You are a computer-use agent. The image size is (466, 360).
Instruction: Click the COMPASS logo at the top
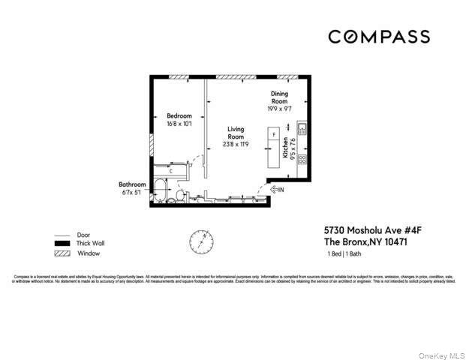(x=378, y=37)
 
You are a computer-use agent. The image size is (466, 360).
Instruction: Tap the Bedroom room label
(x=179, y=116)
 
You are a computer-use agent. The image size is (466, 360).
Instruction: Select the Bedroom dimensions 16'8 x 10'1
(x=179, y=124)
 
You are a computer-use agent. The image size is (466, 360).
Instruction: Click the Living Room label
(x=236, y=133)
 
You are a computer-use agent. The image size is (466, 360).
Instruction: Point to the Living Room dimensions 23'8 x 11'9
(x=236, y=145)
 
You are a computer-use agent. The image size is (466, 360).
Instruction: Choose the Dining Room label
(x=279, y=97)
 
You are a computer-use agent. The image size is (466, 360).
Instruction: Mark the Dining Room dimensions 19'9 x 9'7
(x=279, y=109)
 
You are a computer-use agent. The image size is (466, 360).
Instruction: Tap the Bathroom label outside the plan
(x=132, y=184)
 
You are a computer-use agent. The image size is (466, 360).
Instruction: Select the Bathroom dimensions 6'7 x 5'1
(x=132, y=192)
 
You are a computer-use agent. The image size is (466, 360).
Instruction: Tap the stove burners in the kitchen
(x=302, y=158)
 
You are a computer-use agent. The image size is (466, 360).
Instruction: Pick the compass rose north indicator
(x=200, y=241)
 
